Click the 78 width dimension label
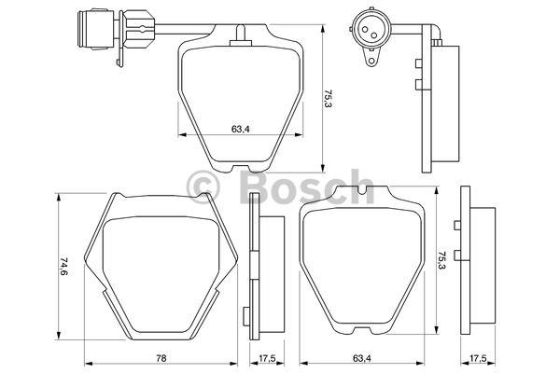tap(161, 358)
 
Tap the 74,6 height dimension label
tap(63, 266)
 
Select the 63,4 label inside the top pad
tap(241, 129)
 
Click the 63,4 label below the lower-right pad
tap(362, 358)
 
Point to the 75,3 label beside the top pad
tap(328, 99)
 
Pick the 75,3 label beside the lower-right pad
tap(441, 261)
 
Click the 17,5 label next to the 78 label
tap(267, 358)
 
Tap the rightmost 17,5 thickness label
tap(478, 358)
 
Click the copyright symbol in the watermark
tap(203, 186)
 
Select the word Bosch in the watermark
tap(306, 186)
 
